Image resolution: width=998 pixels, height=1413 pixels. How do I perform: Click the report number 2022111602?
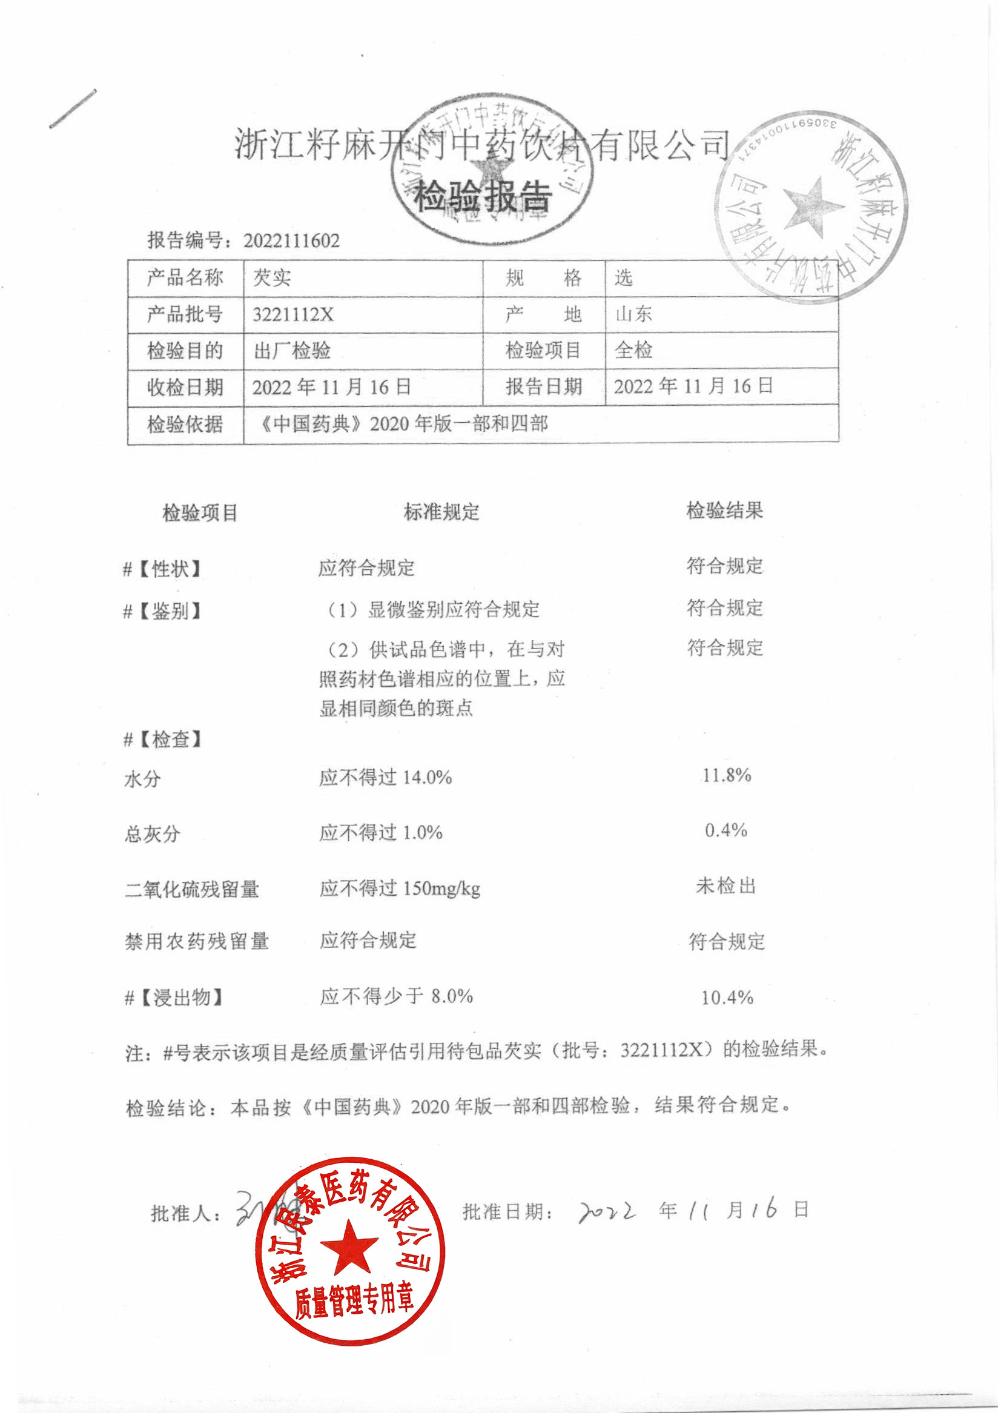tap(291, 240)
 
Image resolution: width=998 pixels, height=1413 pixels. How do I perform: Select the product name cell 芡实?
tap(272, 277)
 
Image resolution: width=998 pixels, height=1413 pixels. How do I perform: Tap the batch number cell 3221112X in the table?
tap(293, 314)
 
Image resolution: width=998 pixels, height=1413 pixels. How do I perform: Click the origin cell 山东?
tap(634, 314)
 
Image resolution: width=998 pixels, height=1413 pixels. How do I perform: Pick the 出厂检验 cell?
tap(292, 351)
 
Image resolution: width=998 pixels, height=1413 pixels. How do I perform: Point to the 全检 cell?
tap(634, 350)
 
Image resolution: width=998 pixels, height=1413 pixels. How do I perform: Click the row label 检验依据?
tap(185, 424)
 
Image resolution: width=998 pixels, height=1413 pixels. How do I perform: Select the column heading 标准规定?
tap(441, 511)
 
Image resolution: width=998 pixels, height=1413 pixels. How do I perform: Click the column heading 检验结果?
tap(725, 510)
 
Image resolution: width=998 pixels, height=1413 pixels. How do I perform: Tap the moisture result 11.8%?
tap(727, 775)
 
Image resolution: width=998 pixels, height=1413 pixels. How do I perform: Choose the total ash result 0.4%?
tap(726, 831)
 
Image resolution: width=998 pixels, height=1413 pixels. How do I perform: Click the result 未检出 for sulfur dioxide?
tap(726, 886)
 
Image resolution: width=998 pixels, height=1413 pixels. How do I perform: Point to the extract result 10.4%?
tap(727, 998)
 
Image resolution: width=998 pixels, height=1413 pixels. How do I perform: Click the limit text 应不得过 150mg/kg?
tap(400, 888)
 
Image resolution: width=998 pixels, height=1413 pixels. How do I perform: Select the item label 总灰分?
tap(152, 834)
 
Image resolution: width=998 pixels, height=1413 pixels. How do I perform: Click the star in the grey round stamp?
tap(812, 207)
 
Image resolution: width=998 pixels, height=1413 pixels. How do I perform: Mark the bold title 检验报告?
tap(483, 196)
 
